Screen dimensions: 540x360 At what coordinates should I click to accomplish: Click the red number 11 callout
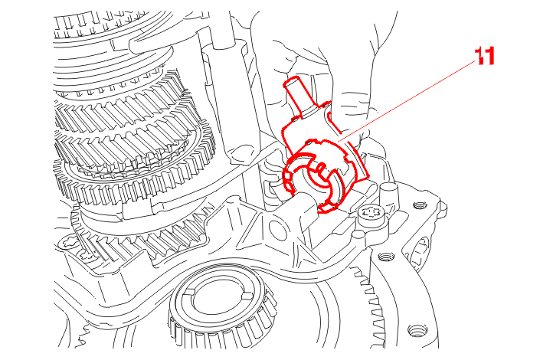click(485, 56)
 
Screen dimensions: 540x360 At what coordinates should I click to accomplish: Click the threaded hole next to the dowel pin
click(418, 206)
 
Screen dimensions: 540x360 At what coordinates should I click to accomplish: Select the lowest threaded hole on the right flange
click(416, 331)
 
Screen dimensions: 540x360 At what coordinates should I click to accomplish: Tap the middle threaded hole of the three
click(386, 257)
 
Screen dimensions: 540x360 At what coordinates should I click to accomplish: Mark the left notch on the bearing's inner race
click(189, 292)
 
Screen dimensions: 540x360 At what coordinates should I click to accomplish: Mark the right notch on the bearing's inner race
click(247, 296)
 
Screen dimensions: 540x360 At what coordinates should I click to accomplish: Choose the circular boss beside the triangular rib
click(277, 230)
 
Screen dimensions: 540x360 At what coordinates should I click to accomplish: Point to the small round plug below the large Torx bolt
click(358, 235)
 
